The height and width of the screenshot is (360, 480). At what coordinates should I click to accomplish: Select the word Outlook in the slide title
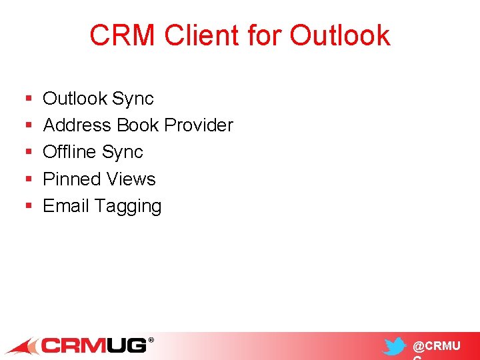(x=340, y=35)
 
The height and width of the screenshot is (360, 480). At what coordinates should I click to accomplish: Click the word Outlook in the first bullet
(x=75, y=99)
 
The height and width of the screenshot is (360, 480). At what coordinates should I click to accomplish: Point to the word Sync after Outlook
(x=133, y=99)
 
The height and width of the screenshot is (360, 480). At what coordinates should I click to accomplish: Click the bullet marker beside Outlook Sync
(x=28, y=99)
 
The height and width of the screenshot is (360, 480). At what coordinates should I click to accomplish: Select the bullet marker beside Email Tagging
(x=28, y=207)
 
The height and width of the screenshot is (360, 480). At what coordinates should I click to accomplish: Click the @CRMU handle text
(x=436, y=347)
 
